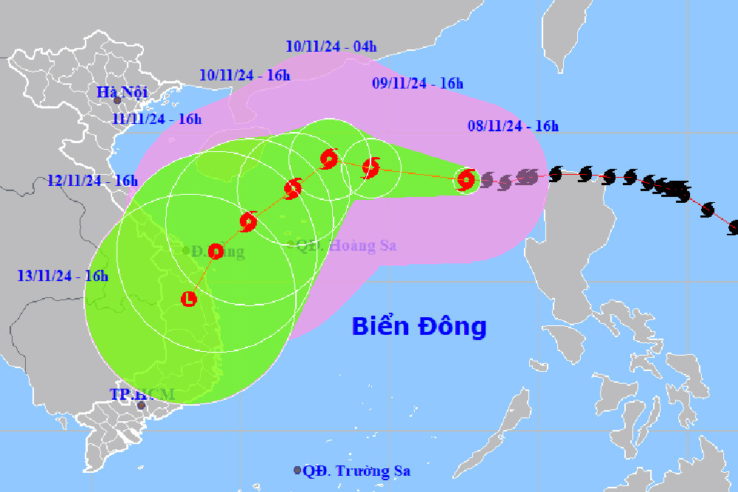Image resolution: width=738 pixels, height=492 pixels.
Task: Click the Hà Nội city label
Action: pos(123,91)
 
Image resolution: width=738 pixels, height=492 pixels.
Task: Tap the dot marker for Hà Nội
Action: pos(117,100)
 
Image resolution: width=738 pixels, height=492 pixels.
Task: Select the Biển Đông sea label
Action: pos(418,325)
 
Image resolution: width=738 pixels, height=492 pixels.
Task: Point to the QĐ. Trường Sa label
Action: pos(357,471)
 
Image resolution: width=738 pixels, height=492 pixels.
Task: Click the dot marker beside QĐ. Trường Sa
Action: pos(297,470)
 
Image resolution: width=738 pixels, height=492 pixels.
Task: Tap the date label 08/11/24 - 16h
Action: pos(513,126)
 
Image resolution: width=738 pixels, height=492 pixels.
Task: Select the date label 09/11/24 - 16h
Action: pos(417,83)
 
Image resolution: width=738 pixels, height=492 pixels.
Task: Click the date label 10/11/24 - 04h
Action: pos(331,46)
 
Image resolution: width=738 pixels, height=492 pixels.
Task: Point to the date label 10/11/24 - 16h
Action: pos(245,75)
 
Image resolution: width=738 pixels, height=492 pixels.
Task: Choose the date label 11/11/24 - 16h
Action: pos(156,118)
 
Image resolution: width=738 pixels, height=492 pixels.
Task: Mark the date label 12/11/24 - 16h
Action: pos(92,181)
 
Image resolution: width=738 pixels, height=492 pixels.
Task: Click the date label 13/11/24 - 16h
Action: pos(63,276)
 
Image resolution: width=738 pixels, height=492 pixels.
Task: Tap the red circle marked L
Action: pos(189,299)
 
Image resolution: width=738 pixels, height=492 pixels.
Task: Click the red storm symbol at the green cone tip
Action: pos(466,179)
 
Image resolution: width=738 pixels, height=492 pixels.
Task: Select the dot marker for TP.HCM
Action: pos(141,405)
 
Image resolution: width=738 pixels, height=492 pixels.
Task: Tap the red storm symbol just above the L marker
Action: pos(215,252)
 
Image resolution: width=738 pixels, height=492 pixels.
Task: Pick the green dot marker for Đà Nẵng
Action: pos(186,250)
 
